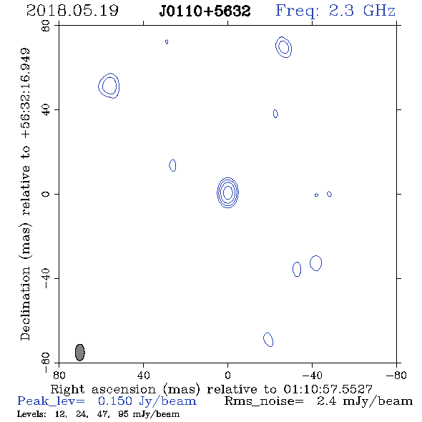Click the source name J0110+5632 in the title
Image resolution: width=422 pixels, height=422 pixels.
coord(205,11)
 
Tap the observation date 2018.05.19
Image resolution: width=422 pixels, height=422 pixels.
coord(72,11)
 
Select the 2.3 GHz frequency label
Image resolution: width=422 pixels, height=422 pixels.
coord(362,11)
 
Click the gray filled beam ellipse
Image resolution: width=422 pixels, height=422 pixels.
coord(79,353)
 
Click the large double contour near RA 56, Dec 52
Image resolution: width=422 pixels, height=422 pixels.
coord(109,74)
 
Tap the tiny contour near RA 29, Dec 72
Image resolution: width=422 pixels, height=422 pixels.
coord(166,41)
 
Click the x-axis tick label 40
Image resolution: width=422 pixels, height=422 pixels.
coord(143,376)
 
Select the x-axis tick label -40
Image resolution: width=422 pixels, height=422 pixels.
coord(312,376)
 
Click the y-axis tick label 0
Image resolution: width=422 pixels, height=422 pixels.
coord(46,194)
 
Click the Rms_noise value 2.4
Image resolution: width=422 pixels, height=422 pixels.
coord(326,401)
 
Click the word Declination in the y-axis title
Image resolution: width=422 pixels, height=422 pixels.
coord(25,304)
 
